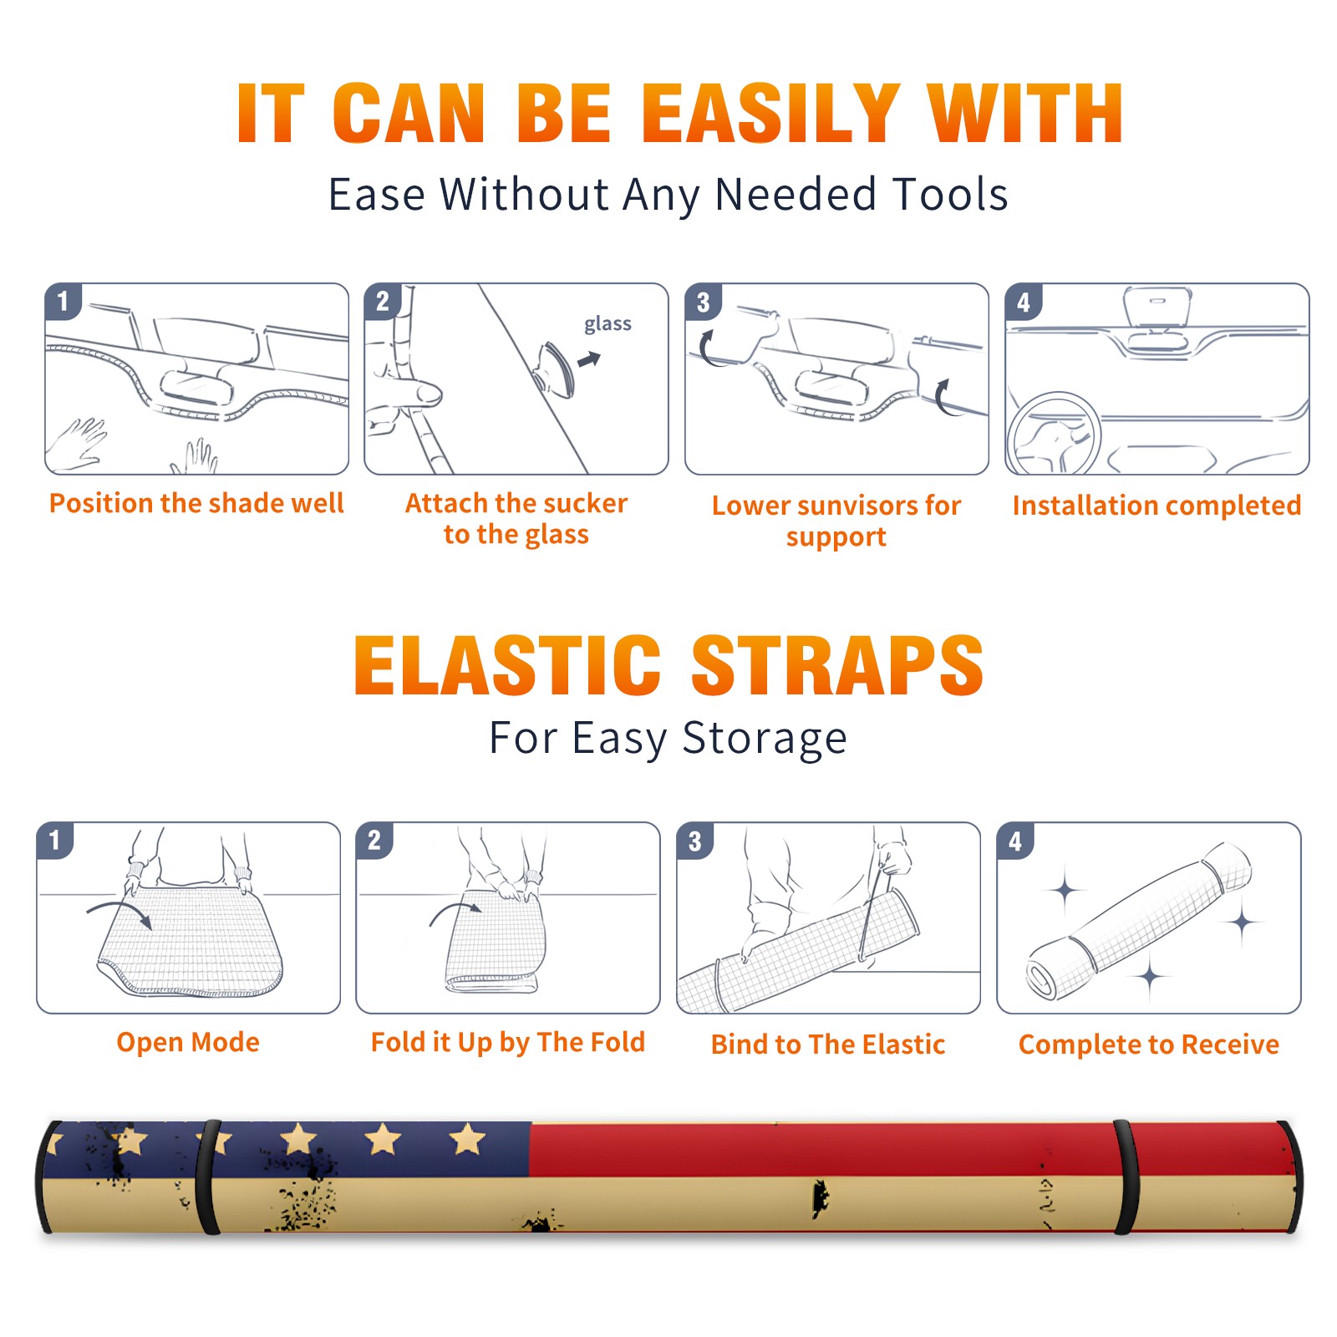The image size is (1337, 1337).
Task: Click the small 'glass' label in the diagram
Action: [607, 324]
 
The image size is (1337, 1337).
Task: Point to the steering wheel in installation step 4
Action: [1053, 433]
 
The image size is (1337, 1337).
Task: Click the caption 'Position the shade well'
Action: [196, 503]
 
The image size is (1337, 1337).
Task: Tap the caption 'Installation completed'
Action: [1157, 505]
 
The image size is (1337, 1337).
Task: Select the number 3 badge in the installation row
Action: [702, 302]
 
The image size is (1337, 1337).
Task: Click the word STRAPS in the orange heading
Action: [837, 665]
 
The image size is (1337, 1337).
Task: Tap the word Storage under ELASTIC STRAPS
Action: [765, 739]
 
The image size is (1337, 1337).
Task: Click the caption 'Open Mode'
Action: [188, 1042]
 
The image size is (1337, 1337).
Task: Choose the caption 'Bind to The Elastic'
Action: [828, 1045]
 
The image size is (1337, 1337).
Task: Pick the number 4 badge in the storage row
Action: [1014, 841]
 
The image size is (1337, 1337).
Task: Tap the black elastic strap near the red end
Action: [1124, 1177]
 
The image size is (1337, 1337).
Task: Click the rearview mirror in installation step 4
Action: [1157, 307]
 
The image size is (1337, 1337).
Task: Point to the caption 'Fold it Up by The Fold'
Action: [508, 1043]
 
